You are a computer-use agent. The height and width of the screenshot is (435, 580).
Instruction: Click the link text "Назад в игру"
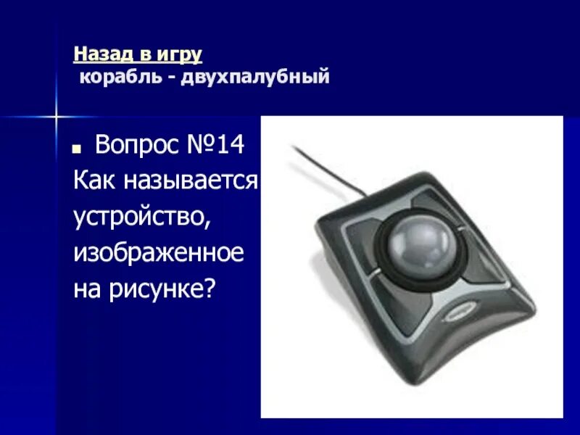pos(137,54)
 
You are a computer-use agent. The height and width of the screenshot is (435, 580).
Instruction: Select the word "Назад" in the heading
pos(98,54)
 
